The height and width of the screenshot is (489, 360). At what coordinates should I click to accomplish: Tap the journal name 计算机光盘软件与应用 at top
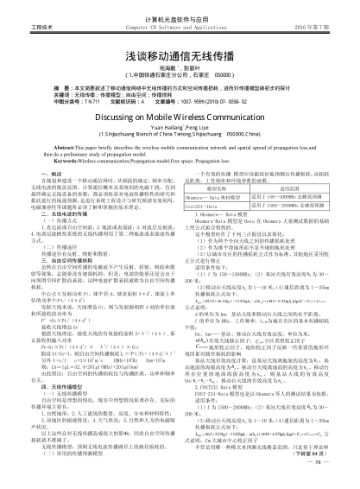180,17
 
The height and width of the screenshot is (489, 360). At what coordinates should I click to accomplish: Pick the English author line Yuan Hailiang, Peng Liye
180,128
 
